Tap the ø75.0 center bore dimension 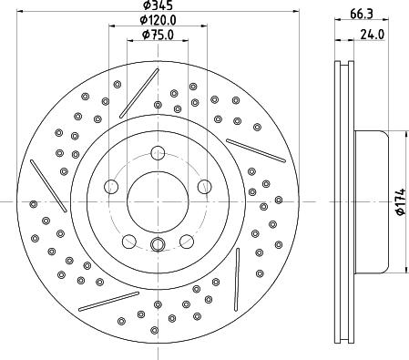tap(156, 36)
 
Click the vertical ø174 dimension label tap(398, 201)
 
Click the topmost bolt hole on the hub tap(157, 153)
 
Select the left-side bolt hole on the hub tap(111, 186)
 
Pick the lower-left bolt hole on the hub tap(128, 240)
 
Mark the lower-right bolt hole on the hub tap(185, 240)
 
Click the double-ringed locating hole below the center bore tap(157, 243)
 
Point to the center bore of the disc tap(157, 201)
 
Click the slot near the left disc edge tap(45, 179)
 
